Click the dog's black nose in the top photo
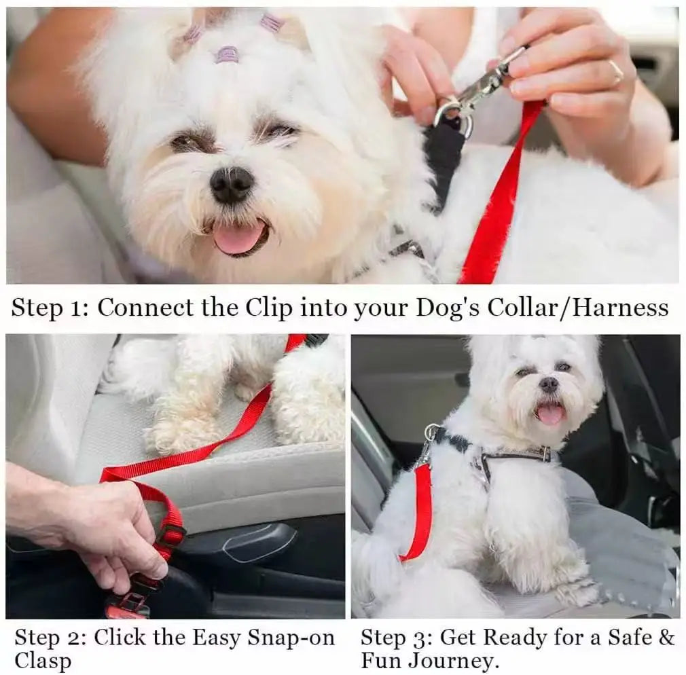click(232, 183)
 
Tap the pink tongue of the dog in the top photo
click(237, 238)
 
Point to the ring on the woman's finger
click(615, 71)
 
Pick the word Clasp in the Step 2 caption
click(43, 660)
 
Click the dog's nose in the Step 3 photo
click(549, 385)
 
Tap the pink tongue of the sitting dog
click(551, 414)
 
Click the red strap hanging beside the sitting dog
click(422, 509)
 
